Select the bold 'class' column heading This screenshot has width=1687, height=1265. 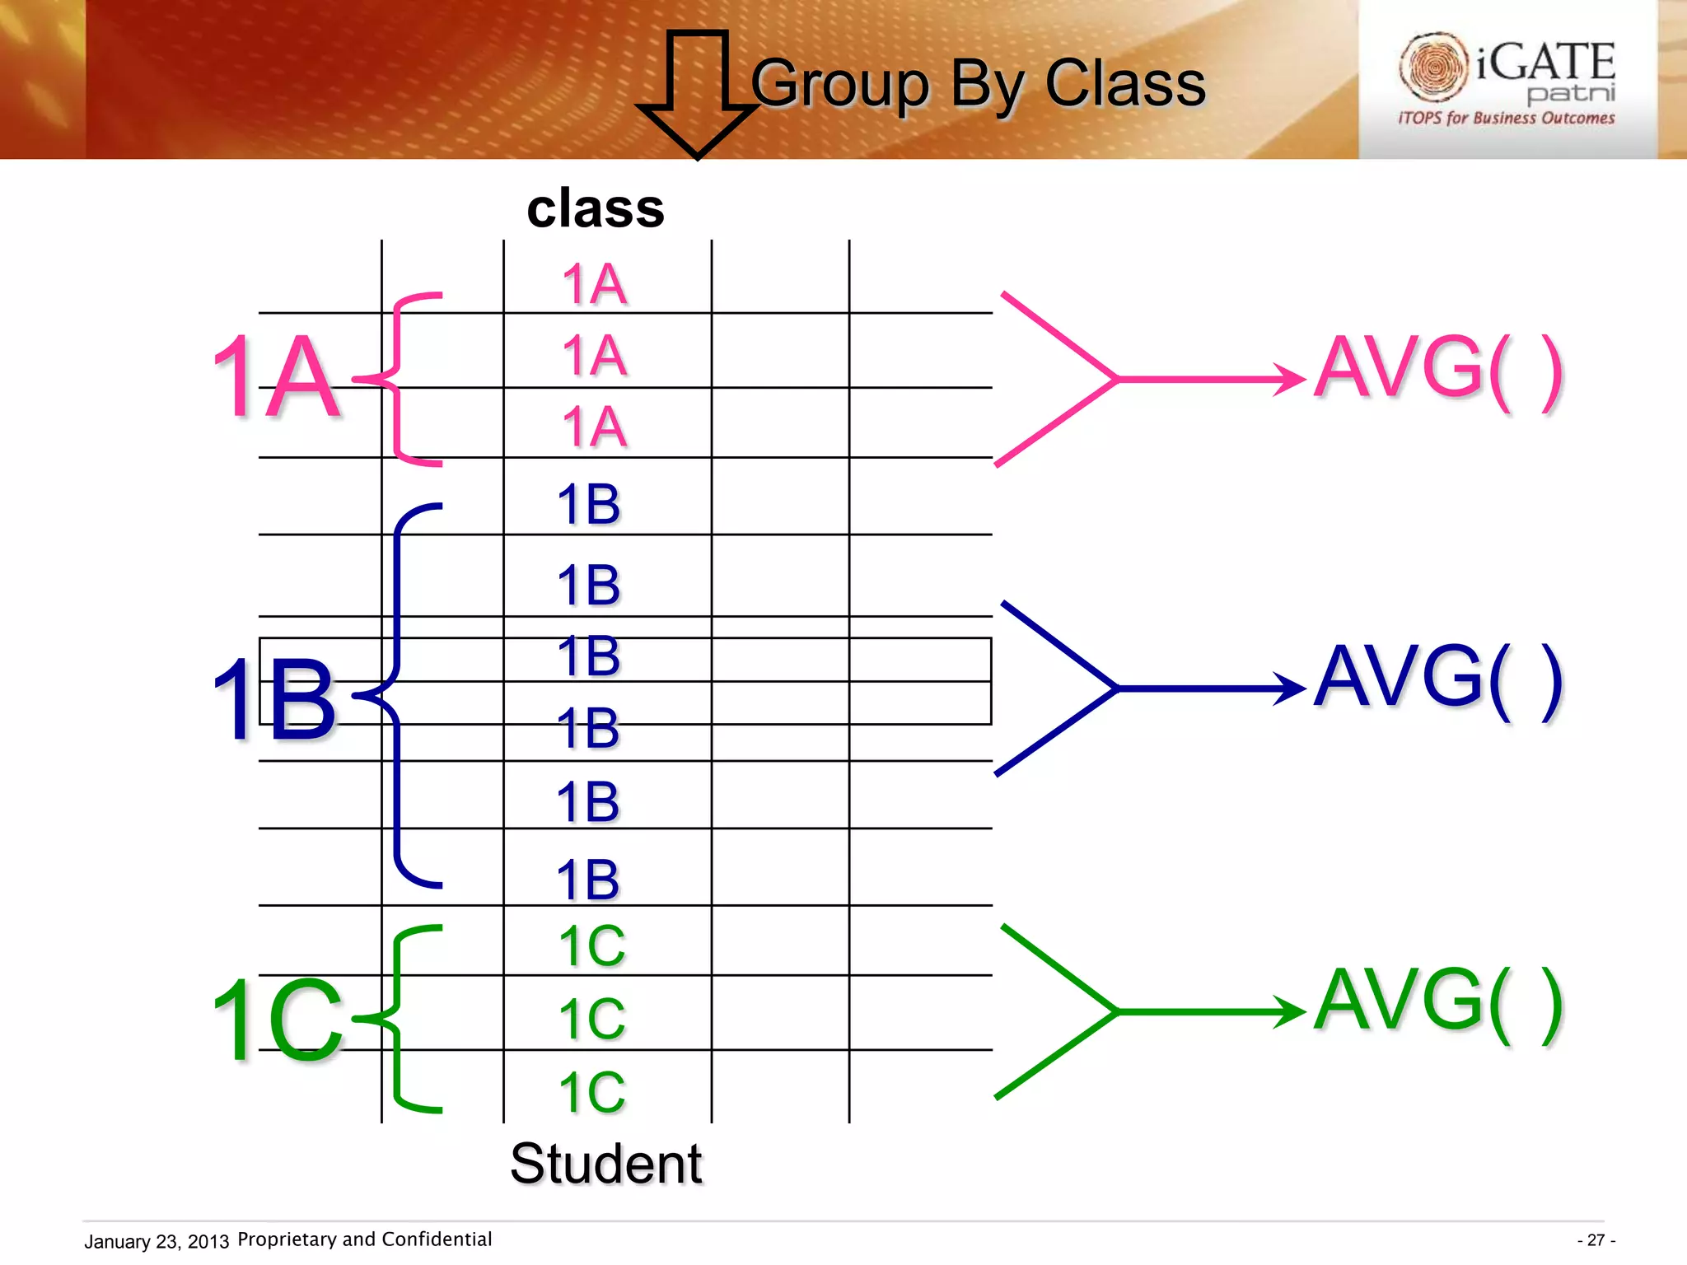(x=596, y=208)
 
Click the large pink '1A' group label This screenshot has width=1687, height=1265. (x=276, y=377)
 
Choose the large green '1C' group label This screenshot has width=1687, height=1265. (x=278, y=1021)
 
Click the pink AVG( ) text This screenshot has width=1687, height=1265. (x=1438, y=368)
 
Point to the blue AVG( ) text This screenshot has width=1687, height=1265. (x=1438, y=678)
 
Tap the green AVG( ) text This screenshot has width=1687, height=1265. (x=1438, y=1001)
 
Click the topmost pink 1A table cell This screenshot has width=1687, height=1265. (x=595, y=285)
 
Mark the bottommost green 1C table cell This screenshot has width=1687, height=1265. (x=592, y=1092)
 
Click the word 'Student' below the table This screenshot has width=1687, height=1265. (x=606, y=1164)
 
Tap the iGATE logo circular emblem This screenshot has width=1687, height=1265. (x=1434, y=66)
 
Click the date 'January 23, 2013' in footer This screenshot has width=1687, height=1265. (x=157, y=1241)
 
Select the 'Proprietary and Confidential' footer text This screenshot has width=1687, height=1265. (x=364, y=1239)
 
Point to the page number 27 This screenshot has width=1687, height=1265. (x=1596, y=1240)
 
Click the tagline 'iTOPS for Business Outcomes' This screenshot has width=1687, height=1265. (x=1506, y=119)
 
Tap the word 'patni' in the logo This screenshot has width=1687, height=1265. (x=1571, y=93)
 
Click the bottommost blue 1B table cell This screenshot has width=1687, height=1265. (x=588, y=879)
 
